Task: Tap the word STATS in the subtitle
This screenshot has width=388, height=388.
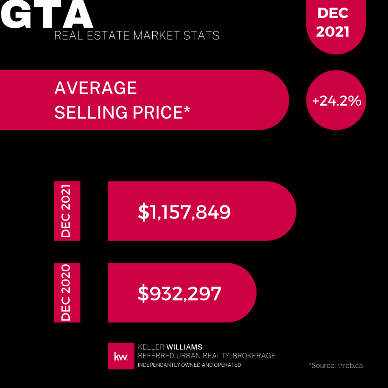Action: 203,36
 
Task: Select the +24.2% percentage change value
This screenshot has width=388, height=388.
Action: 336,101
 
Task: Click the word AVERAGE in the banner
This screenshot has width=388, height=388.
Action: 95,88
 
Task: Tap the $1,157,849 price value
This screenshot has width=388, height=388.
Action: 184,212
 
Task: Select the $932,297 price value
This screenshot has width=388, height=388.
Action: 180,294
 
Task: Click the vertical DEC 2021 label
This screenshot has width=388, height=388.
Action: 66,211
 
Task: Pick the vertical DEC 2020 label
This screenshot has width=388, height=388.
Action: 66,293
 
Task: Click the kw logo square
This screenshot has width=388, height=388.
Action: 121,356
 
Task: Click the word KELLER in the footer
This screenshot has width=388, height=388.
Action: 151,347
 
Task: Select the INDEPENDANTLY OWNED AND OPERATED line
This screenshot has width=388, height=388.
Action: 189,365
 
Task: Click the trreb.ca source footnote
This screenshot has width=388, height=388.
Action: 336,365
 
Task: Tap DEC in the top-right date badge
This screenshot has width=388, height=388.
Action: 333,13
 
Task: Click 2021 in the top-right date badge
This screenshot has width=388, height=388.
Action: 333,31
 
